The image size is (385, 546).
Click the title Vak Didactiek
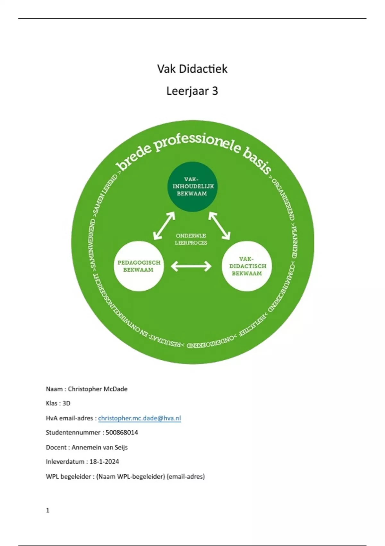click(192, 69)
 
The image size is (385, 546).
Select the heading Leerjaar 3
click(192, 91)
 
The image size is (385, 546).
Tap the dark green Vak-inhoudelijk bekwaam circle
click(192, 187)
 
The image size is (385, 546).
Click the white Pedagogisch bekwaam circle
click(139, 266)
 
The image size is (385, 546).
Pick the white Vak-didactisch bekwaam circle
click(247, 266)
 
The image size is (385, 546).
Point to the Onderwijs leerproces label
click(191, 239)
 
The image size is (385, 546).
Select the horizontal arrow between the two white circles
click(191, 266)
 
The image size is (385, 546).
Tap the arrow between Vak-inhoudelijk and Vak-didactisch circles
click(219, 226)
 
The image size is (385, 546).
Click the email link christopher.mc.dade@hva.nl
click(140, 418)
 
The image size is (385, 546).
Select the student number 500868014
click(122, 433)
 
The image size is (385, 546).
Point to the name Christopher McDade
click(98, 389)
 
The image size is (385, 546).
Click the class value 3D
click(66, 403)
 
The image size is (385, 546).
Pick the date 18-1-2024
click(104, 462)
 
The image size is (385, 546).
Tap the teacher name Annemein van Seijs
click(99, 447)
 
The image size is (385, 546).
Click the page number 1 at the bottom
click(48, 510)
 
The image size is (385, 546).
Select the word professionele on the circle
click(197, 144)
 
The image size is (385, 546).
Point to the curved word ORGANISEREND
click(284, 199)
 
